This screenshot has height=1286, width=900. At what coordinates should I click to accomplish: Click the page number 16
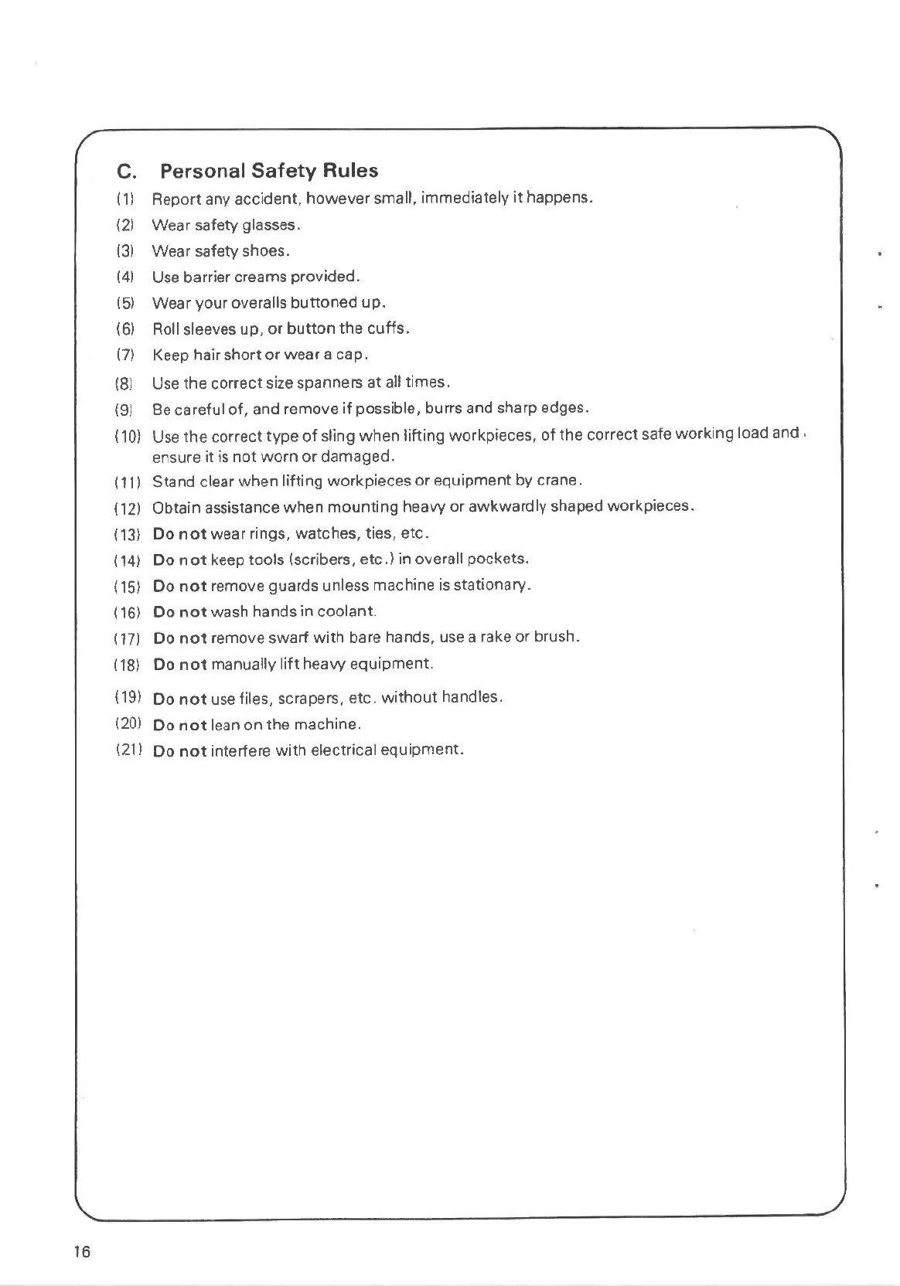82,1252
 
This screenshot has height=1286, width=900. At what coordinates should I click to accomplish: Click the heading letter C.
125,171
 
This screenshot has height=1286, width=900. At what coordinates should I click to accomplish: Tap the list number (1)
125,199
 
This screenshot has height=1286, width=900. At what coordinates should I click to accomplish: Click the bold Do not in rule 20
179,725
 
